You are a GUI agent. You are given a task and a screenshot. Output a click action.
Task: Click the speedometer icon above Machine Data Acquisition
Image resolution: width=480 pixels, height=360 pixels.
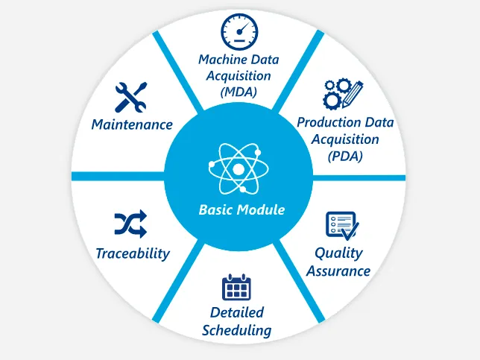pyautogui.click(x=239, y=31)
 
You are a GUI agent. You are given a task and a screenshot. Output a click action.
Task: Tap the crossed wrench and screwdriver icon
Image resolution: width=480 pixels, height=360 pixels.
pyautogui.click(x=130, y=98)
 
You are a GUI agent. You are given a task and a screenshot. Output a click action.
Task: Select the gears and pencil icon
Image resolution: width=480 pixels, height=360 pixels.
pyautogui.click(x=343, y=95)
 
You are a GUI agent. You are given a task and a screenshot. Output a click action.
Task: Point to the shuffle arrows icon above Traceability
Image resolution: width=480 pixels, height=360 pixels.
pyautogui.click(x=130, y=223)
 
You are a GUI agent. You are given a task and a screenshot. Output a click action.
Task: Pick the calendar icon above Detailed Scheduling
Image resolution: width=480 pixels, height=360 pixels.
pyautogui.click(x=237, y=286)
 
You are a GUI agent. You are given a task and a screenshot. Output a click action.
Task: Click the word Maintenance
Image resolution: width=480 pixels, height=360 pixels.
pyautogui.click(x=132, y=124)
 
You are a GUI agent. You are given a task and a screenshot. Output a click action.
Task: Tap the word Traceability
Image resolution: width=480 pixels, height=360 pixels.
pyautogui.click(x=133, y=253)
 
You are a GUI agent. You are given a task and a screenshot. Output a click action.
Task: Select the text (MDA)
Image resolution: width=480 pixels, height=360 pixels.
pyautogui.click(x=239, y=92)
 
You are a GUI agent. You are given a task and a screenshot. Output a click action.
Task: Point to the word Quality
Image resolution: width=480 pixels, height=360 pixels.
pyautogui.click(x=338, y=253)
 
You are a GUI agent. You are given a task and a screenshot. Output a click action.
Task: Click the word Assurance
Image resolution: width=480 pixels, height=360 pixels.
pyautogui.click(x=338, y=271)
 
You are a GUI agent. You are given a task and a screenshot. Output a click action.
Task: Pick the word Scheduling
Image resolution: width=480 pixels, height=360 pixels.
pyautogui.click(x=237, y=330)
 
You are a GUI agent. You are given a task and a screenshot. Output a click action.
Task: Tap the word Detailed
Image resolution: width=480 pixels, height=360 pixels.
pyautogui.click(x=237, y=312)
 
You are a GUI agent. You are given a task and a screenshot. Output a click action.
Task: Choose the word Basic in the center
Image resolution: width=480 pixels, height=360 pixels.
pyautogui.click(x=215, y=209)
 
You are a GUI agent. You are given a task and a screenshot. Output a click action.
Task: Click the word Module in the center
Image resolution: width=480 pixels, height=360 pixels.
pyautogui.click(x=260, y=209)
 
